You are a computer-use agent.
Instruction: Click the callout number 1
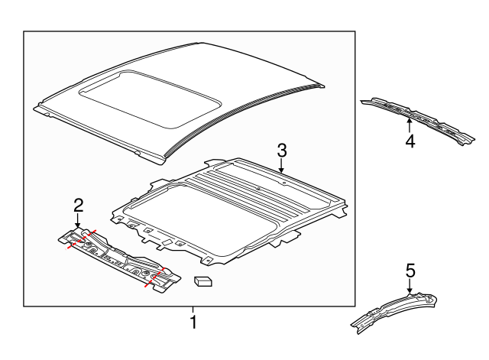coord(193,323)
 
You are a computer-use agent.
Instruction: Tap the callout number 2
coord(77,204)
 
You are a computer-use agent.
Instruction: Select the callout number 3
coord(281,151)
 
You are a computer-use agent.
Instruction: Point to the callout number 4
coord(410,141)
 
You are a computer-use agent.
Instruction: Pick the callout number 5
coord(410,270)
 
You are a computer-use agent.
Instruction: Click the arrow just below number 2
coord(77,220)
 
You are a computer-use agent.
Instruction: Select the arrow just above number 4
coord(410,122)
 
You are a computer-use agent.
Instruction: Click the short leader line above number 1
coord(193,310)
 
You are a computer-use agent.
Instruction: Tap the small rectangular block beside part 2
coord(202,281)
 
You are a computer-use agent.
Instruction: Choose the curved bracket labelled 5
coord(393,310)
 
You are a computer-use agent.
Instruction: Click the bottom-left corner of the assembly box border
coord(24,306)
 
